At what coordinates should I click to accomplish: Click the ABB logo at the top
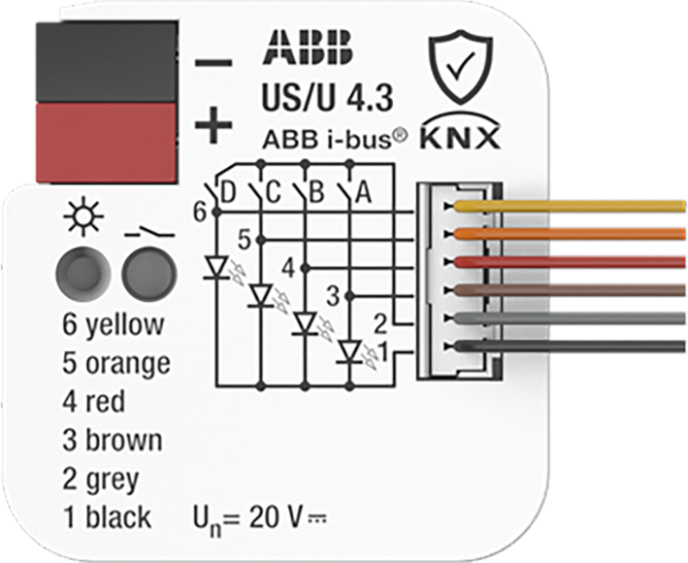tap(309, 47)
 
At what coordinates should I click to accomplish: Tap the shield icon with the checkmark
tap(461, 67)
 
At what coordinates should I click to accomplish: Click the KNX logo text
tap(460, 138)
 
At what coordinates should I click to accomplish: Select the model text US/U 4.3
tap(327, 97)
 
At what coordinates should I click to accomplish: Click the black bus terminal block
tap(107, 62)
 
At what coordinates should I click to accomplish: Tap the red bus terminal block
tap(107, 143)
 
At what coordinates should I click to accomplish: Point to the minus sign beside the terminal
tap(213, 63)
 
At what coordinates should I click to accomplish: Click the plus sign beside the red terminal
tap(213, 125)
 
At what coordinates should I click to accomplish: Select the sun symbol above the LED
tap(82, 216)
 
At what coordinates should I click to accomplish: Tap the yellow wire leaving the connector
tap(570, 206)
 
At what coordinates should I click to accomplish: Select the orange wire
tap(570, 233)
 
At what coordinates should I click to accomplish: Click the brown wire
tap(570, 290)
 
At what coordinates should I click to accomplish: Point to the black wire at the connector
tap(570, 347)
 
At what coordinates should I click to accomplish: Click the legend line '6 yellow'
tap(114, 325)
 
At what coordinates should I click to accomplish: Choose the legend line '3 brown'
tap(113, 440)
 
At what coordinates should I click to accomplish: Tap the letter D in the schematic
tap(227, 192)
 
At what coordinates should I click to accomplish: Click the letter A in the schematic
tap(363, 192)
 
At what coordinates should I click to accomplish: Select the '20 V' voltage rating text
tap(275, 517)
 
